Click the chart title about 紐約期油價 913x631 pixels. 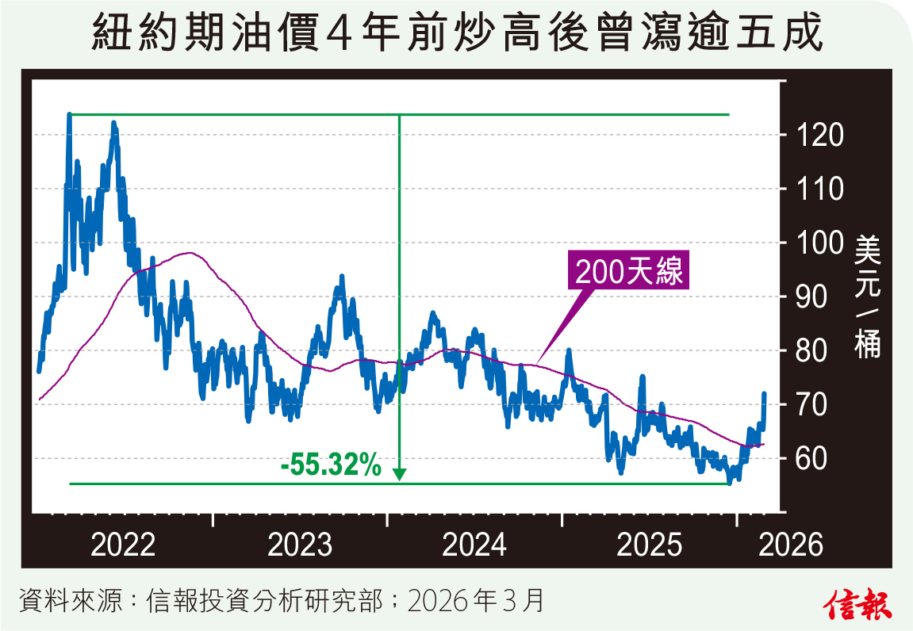click(456, 36)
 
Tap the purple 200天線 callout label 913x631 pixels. click(630, 272)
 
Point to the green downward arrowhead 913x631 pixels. click(399, 474)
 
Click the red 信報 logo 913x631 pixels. click(860, 604)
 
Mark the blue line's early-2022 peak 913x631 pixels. click(69, 116)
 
